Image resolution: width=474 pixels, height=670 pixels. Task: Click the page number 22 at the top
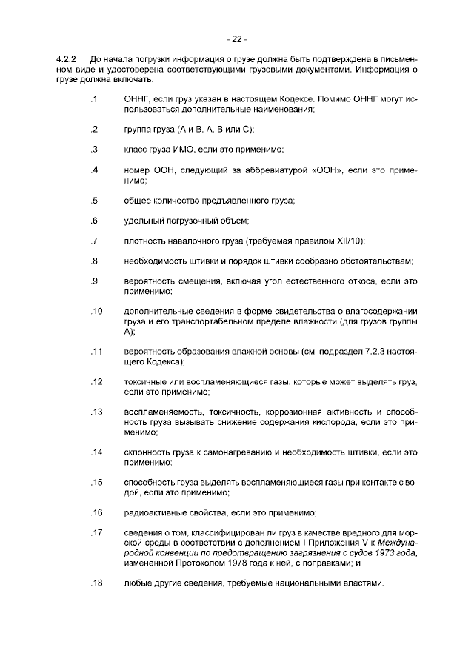237,39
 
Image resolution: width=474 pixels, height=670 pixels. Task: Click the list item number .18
96,583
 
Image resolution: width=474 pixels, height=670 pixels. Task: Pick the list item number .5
94,201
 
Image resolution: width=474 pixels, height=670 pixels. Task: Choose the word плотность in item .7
145,241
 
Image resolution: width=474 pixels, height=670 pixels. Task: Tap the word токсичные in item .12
144,382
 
